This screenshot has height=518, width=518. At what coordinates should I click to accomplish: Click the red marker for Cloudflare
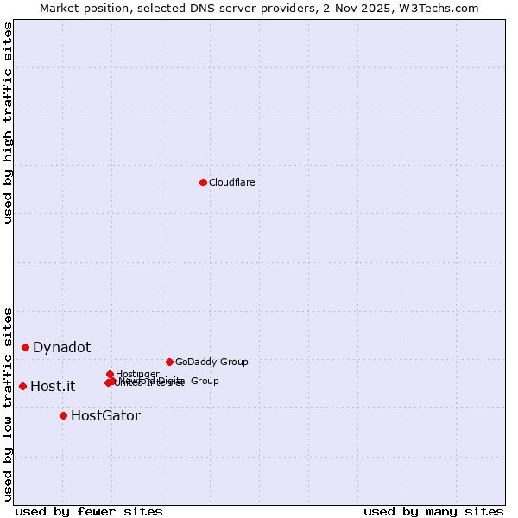203,182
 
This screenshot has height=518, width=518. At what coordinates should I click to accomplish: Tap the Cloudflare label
231,182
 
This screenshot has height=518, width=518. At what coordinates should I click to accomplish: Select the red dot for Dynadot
26,347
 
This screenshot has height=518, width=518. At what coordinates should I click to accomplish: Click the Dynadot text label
61,347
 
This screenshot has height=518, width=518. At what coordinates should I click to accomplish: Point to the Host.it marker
22,386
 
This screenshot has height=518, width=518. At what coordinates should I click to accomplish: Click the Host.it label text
53,386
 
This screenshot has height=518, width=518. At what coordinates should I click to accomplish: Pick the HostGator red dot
63,415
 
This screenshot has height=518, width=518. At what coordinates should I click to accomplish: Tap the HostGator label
105,415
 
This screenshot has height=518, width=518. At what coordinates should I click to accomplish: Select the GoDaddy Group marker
169,362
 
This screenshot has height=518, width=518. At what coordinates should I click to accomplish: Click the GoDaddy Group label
212,362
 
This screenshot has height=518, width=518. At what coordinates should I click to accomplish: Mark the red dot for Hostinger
110,374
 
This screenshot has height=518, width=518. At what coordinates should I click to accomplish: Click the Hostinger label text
137,374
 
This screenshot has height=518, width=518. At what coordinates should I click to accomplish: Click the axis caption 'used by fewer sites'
88,511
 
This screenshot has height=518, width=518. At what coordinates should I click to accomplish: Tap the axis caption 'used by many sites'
433,511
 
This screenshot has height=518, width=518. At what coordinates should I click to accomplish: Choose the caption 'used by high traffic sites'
8,123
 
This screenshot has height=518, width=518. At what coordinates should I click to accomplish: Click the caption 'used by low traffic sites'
8,403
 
